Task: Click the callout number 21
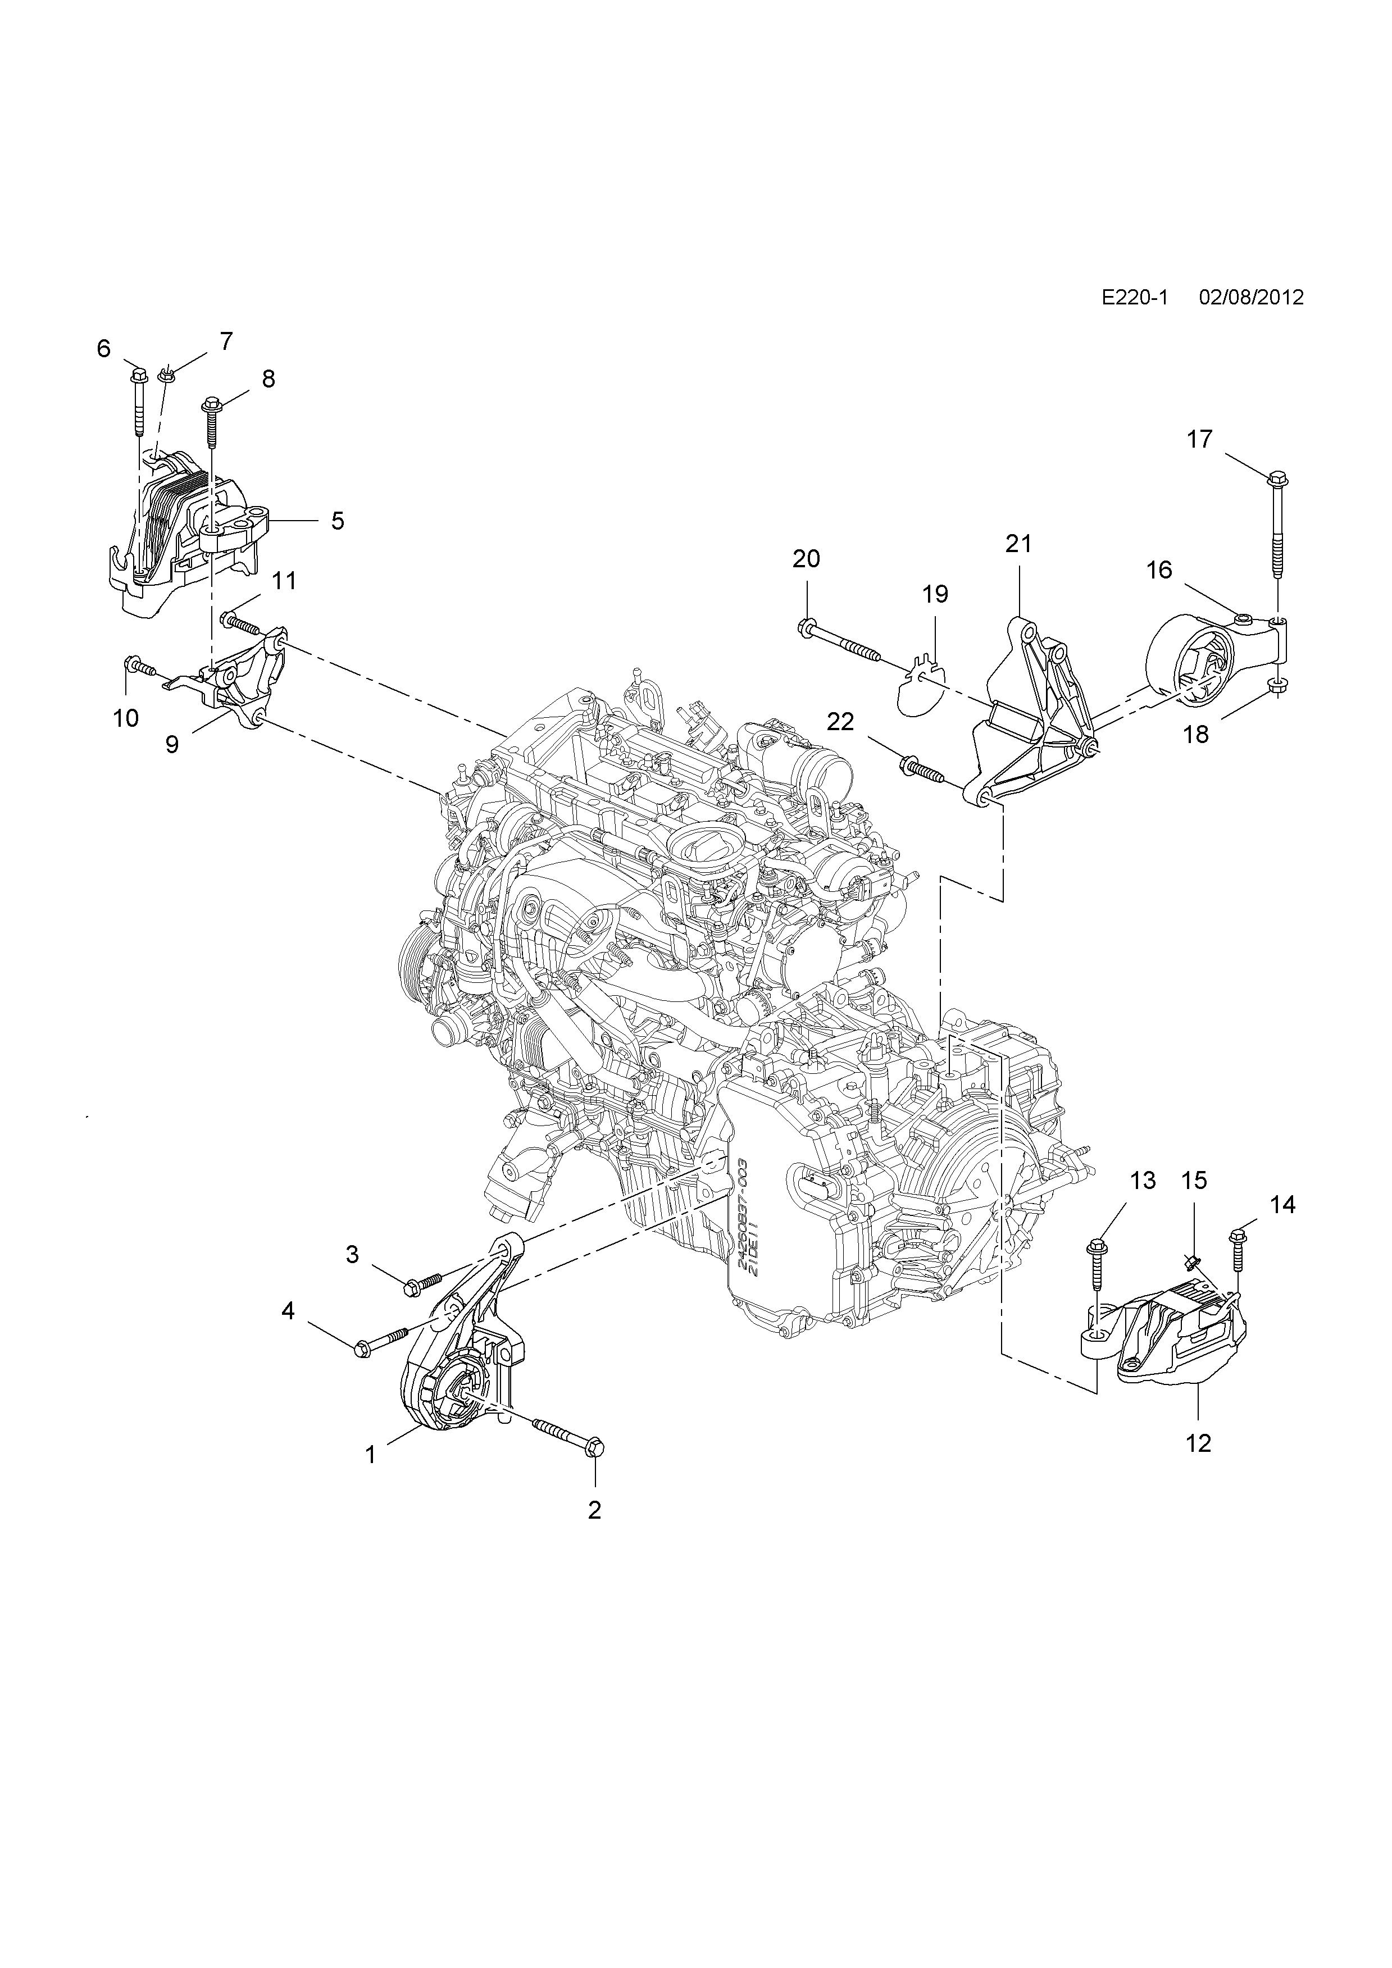pos(1018,544)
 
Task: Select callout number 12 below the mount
pos(1198,1443)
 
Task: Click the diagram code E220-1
pos(1136,298)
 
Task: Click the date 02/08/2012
pos(1252,298)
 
